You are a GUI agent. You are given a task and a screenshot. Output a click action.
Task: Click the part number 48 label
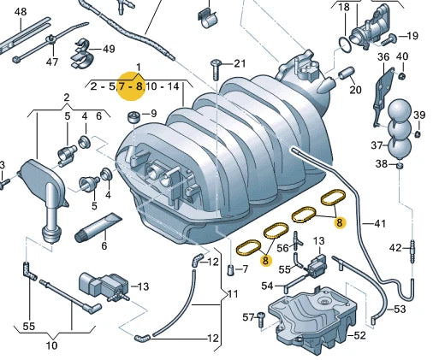click(21, 12)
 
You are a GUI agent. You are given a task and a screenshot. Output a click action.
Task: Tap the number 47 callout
click(53, 62)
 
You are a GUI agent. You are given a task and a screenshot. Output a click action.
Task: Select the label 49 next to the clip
click(109, 48)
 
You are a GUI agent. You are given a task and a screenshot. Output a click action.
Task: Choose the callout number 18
click(343, 8)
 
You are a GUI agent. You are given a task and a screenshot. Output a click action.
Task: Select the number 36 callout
click(383, 57)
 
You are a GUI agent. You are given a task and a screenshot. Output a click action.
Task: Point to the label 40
click(403, 57)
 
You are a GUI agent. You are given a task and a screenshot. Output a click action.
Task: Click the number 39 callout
click(418, 115)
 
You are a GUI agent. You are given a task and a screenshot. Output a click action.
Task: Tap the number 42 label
click(395, 248)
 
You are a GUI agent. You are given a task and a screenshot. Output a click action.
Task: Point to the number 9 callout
click(153, 114)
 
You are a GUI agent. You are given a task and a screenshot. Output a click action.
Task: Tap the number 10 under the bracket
click(51, 345)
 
